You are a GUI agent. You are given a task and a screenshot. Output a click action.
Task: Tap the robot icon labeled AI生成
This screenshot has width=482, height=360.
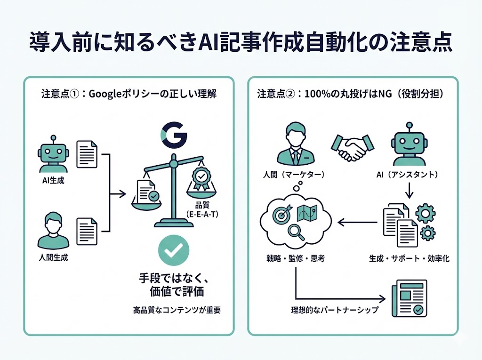pos(52,155)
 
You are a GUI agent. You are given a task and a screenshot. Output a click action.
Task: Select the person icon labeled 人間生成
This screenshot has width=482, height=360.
pos(52,230)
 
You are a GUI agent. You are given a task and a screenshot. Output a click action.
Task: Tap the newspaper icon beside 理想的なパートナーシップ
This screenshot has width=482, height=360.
pos(409,298)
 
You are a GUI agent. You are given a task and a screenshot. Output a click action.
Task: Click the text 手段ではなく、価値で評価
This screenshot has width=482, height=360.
pos(174,284)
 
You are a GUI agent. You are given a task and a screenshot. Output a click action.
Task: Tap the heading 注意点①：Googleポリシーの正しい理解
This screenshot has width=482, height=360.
pos(129,94)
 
